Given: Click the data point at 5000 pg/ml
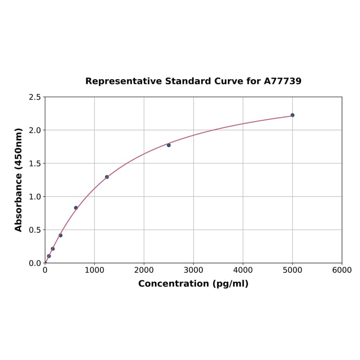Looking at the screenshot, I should pos(292,115).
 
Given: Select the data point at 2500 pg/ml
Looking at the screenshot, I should pos(169,145).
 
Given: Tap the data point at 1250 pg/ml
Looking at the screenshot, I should pos(107,177).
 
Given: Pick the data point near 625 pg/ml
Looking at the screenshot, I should pos(76,208).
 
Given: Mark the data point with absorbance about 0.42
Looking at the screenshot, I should pos(60,235).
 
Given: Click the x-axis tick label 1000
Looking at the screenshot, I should pos(94,270).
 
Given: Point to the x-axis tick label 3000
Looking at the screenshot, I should pos(193,270).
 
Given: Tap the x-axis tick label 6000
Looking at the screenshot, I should pos(342,270).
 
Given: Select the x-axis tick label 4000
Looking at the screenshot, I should pos(243,270).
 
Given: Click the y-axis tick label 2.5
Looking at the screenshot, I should pos(35,97).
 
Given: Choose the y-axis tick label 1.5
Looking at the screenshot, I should pos(35,164).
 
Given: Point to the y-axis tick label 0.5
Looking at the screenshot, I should pos(35,230).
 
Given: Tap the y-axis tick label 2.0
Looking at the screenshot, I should pos(35,130).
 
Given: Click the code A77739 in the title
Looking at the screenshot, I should pos(282,81).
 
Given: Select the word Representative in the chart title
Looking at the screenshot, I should pos(123,81).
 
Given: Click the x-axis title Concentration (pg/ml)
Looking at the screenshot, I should pos(193,284).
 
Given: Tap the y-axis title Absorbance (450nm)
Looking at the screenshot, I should pos(19,180).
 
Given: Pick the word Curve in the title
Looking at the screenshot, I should pos(227,81).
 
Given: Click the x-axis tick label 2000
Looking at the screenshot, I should pos(144,270).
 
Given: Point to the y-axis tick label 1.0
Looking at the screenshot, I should pos(35,196).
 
